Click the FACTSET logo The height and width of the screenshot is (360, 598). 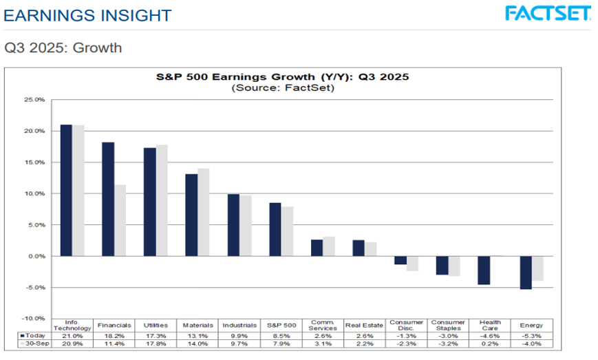(547, 13)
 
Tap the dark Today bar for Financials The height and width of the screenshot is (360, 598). (108, 199)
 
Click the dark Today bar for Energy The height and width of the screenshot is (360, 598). (525, 273)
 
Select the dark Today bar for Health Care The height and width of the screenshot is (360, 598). (484, 270)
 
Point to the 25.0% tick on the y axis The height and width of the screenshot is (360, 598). (34, 100)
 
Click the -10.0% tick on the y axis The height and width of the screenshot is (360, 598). (33, 319)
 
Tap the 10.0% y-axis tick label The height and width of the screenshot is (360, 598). (34, 193)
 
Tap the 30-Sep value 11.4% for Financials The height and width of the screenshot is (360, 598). (114, 343)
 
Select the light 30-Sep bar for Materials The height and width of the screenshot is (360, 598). (203, 212)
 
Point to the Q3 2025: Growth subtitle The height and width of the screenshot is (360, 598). (63, 48)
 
